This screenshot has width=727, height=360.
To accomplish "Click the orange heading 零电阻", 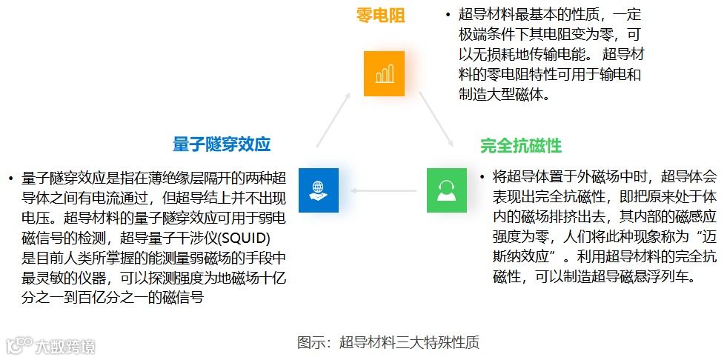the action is pyautogui.click(x=381, y=15).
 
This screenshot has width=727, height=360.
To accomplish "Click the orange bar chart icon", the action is pyautogui.click(x=384, y=73).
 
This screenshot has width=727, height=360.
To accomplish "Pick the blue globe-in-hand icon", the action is pyautogui.click(x=318, y=190).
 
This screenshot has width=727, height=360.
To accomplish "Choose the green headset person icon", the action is pyautogui.click(x=446, y=190).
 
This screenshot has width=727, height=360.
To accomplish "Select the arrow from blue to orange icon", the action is pyautogui.click(x=333, y=119).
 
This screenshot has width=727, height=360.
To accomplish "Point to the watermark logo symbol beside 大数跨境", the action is pyautogui.click(x=19, y=345).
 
